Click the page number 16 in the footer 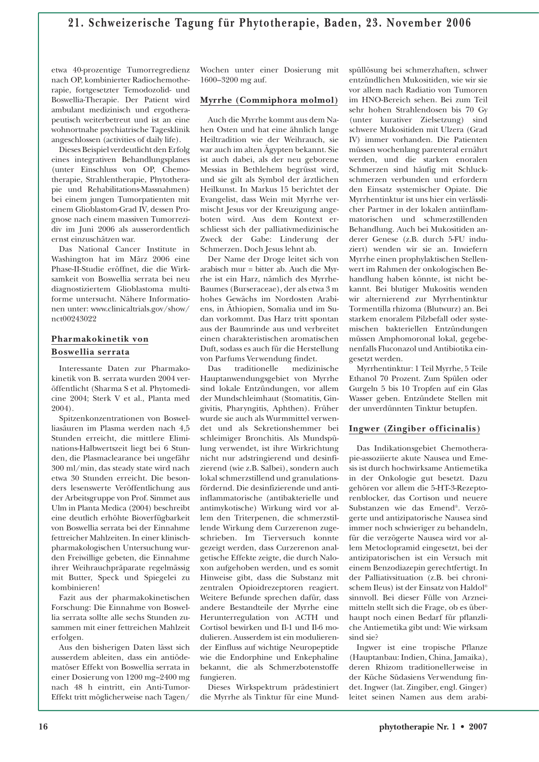click(43, 727)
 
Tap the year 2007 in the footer click(478, 727)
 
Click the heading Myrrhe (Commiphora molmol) click(269, 100)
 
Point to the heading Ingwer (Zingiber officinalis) click(414, 428)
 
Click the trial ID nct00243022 click(74, 319)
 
